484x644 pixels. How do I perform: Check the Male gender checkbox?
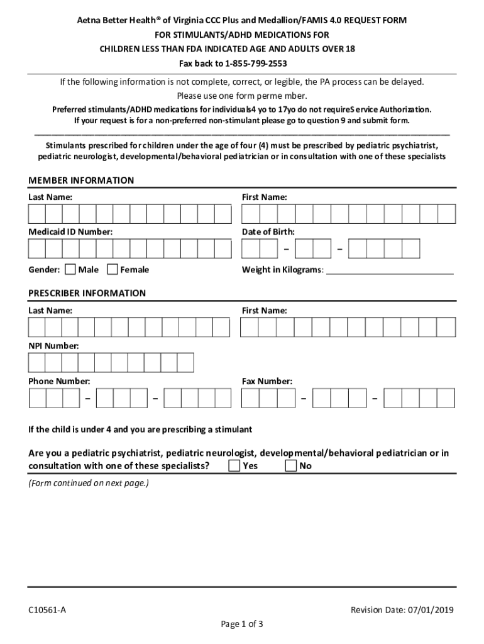point(70,270)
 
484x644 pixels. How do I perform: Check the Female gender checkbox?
point(113,270)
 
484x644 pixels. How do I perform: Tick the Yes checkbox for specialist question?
point(234,466)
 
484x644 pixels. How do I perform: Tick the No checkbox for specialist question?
point(291,466)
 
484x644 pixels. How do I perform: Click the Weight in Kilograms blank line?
point(390,270)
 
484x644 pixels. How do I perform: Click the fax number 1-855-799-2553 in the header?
point(251,64)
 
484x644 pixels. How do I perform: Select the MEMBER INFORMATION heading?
point(81,180)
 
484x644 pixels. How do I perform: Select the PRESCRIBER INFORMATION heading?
point(87,293)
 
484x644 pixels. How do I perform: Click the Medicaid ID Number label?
point(70,232)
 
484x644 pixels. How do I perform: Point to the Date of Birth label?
point(268,232)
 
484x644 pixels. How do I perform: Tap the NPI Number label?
point(53,346)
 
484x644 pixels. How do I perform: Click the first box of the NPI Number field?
point(36,363)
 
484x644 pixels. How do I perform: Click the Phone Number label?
point(59,381)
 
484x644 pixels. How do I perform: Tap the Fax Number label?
point(267,381)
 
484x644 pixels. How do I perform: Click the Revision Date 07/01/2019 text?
point(402,610)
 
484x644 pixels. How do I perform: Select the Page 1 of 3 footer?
point(241,625)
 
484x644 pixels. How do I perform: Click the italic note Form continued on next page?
point(89,484)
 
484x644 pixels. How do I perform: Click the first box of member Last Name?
point(36,214)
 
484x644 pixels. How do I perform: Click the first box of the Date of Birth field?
point(251,249)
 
